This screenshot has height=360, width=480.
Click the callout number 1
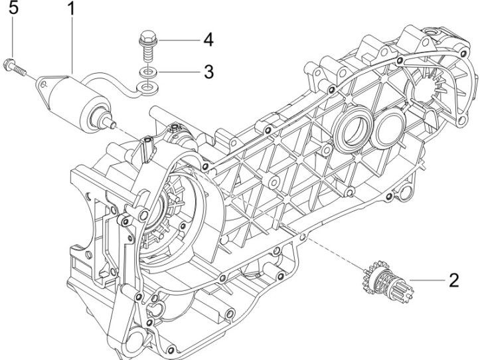tap(72, 11)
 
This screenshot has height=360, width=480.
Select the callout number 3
tap(208, 71)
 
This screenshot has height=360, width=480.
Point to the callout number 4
tap(208, 40)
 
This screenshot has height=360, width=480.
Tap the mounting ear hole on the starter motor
tap(44, 82)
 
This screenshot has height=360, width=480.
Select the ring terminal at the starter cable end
tap(141, 86)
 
